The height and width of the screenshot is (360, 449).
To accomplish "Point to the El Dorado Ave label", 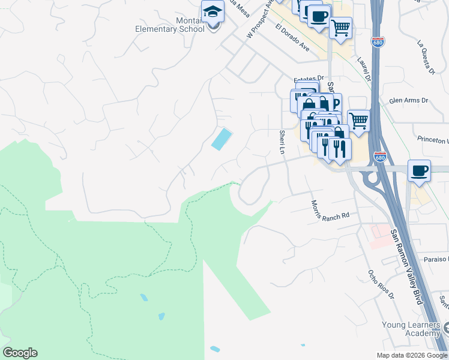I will click(x=292, y=37).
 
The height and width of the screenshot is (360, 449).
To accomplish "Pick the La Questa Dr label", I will click(x=426, y=58).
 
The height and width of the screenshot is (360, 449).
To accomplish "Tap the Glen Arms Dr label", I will click(x=409, y=101).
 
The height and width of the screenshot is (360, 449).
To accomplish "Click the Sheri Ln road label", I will click(x=282, y=142).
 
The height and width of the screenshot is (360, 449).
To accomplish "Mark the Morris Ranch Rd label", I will click(x=330, y=211).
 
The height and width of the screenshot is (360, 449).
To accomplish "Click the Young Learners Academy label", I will click(x=411, y=329).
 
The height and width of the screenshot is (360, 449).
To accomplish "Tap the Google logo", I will click(x=20, y=353).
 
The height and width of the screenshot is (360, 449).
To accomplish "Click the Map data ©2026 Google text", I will click(x=411, y=355).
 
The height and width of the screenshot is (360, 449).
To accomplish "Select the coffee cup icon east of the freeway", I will click(x=419, y=170).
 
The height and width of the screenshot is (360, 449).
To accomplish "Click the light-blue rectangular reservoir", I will click(x=221, y=139).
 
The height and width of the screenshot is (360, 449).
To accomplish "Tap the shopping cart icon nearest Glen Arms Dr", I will click(x=358, y=120).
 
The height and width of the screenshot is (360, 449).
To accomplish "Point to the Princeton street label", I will click(x=433, y=140).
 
